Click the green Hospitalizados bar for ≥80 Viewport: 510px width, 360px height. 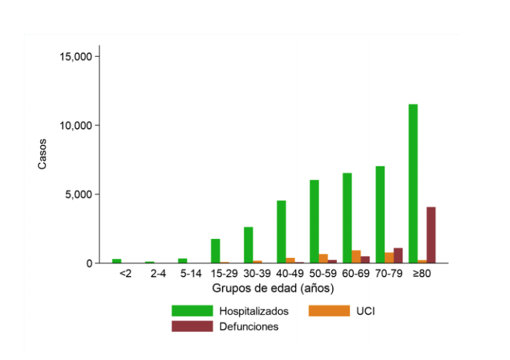pos(413,184)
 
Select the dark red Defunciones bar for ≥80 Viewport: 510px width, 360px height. pos(431,235)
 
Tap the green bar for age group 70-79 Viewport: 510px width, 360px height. pos(380,215)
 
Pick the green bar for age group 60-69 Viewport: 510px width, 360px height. pos(347,218)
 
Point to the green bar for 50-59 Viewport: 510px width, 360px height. pos(314,222)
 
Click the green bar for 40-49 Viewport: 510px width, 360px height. pos(281,232)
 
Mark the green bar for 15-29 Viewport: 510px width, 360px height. pos(215,251)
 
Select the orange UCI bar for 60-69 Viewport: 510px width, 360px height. pos(356,257)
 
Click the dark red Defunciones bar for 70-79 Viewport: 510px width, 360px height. pos(398,256)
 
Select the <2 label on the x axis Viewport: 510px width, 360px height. pos(125,274)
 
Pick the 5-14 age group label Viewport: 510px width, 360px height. pos(192,274)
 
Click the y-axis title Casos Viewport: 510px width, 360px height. pos(42,154)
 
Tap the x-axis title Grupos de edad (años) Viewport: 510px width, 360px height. pos(273,288)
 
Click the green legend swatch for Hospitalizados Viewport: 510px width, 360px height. pos(192,311)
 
